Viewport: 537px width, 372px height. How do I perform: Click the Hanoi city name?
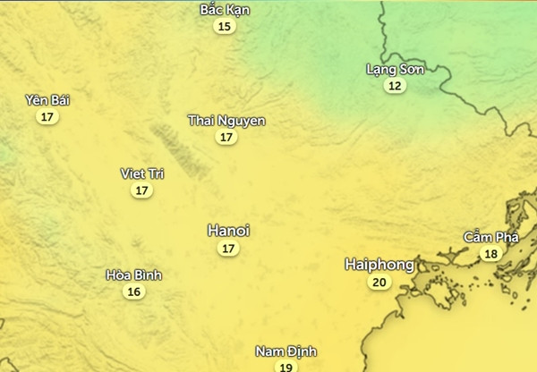click(x=228, y=231)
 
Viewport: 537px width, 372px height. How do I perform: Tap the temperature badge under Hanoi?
click(x=228, y=249)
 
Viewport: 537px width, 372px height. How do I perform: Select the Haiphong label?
click(x=379, y=265)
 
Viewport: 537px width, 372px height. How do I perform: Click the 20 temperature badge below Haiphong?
click(x=379, y=283)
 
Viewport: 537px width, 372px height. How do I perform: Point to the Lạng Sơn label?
click(x=395, y=69)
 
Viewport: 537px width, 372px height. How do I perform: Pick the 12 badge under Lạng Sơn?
click(x=395, y=86)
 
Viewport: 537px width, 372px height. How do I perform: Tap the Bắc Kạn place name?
click(x=225, y=10)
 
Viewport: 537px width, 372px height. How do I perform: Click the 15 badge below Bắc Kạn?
click(x=225, y=27)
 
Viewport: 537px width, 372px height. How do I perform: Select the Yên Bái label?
click(x=47, y=100)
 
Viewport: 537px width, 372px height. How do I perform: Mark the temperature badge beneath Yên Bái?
click(x=47, y=117)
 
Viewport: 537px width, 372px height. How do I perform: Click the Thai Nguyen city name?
click(x=226, y=120)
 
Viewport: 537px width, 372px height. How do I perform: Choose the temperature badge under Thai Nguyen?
click(x=226, y=138)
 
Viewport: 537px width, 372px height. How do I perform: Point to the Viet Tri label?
click(x=142, y=173)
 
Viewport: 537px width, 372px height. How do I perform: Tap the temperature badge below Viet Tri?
click(x=142, y=190)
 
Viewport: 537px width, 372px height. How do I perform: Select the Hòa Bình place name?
click(x=133, y=275)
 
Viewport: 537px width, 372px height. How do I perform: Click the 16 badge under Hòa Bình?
click(x=133, y=292)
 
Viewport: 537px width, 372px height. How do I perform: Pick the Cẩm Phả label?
click(x=490, y=237)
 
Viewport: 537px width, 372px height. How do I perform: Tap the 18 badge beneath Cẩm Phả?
click(x=490, y=254)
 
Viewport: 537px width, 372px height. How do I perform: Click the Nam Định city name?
click(x=286, y=351)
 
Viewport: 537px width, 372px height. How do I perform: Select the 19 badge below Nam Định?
click(x=286, y=367)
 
